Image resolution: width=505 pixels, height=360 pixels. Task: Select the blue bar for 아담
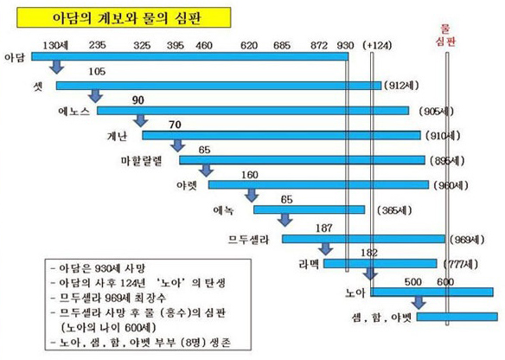(x=189, y=57)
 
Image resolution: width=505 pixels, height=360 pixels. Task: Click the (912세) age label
(x=404, y=87)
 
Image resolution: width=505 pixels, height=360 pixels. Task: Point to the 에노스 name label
(x=74, y=112)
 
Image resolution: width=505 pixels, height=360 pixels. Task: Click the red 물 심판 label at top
(x=446, y=34)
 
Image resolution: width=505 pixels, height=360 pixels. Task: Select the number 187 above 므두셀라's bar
(x=324, y=227)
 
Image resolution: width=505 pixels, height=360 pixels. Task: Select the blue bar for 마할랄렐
(x=303, y=160)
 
